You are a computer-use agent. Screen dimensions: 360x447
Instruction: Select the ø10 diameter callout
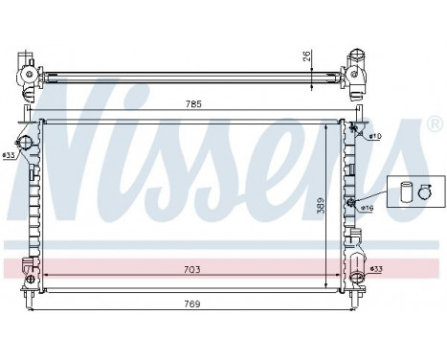374,137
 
